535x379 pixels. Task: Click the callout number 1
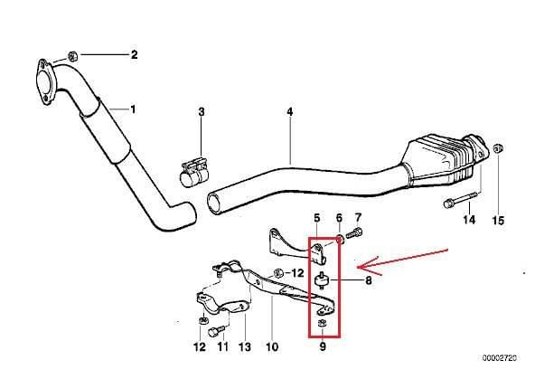pos(133,109)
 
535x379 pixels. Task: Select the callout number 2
pos(134,54)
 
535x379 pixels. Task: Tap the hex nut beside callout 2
pos(72,56)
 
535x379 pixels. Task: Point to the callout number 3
pos(202,111)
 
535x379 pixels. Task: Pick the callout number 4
pos(290,111)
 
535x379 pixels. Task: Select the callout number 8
pos(368,280)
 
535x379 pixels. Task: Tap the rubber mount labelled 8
pos(321,280)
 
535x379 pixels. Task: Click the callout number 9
pos(323,346)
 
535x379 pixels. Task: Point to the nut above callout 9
pos(322,323)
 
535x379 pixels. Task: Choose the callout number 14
pos(469,220)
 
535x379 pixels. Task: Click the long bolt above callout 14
pos(462,201)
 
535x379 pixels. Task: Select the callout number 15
pos(498,221)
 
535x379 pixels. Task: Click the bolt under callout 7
pos(354,233)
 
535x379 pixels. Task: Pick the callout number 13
pos(245,347)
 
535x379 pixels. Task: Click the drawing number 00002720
pos(499,358)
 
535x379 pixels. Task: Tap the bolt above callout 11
pos(216,331)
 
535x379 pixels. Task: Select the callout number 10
pos(272,347)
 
